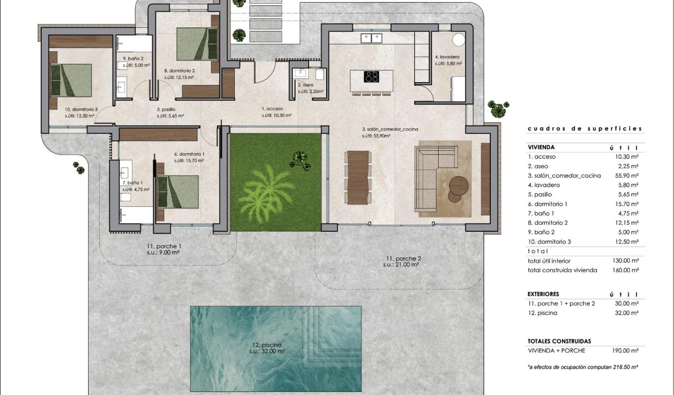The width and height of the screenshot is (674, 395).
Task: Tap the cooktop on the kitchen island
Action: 371,77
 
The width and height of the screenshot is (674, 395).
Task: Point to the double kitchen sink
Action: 371,38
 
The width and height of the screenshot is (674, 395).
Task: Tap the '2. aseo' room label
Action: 307,85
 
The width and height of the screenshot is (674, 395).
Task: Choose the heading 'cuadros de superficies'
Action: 585,129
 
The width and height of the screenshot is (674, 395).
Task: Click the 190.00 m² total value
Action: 627,351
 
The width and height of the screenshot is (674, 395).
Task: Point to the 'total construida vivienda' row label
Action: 562,270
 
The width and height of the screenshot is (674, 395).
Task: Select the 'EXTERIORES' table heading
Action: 543,294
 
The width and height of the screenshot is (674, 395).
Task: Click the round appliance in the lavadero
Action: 459,40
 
